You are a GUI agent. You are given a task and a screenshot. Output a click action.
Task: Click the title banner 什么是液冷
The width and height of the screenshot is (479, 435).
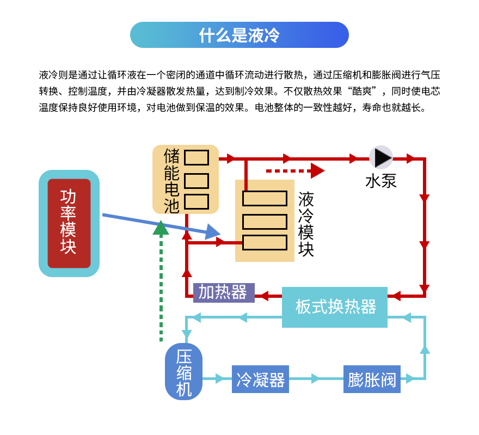pyautogui.click(x=239, y=35)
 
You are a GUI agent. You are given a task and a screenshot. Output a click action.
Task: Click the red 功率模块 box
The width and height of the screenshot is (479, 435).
pyautogui.click(x=69, y=223)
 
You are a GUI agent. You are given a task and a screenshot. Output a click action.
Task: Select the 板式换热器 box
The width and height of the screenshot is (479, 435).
pyautogui.click(x=335, y=307)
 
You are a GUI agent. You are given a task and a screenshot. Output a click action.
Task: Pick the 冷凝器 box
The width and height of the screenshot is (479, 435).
pyautogui.click(x=261, y=379)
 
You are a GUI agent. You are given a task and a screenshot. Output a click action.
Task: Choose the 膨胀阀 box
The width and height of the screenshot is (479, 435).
pyautogui.click(x=372, y=379)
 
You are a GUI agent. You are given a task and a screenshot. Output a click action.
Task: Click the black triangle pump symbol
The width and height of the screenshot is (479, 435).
pyautogui.click(x=382, y=157)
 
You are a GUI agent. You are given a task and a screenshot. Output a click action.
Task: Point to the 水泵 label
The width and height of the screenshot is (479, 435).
pyautogui.click(x=380, y=181)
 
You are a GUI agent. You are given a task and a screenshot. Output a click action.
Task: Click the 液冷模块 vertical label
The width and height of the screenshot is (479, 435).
pyautogui.click(x=306, y=224)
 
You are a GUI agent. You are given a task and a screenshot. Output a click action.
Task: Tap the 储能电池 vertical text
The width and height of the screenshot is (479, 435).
pyautogui.click(x=171, y=180)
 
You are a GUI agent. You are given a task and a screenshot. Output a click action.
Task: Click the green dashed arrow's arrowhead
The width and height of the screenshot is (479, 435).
pyautogui.click(x=161, y=228)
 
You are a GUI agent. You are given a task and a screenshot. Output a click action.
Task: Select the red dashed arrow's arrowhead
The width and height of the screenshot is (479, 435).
pyautogui.click(x=317, y=170)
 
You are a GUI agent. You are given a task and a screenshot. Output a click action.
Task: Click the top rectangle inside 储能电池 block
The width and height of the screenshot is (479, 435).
pyautogui.click(x=196, y=158)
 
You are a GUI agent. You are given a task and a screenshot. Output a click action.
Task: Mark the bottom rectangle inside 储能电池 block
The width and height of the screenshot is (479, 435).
pyautogui.click(x=196, y=201)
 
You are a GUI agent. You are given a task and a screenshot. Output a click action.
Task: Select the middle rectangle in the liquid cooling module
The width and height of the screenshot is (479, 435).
pyautogui.click(x=265, y=222)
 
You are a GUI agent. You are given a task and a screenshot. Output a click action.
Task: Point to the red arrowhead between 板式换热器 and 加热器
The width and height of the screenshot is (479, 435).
pyautogui.click(x=263, y=296)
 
